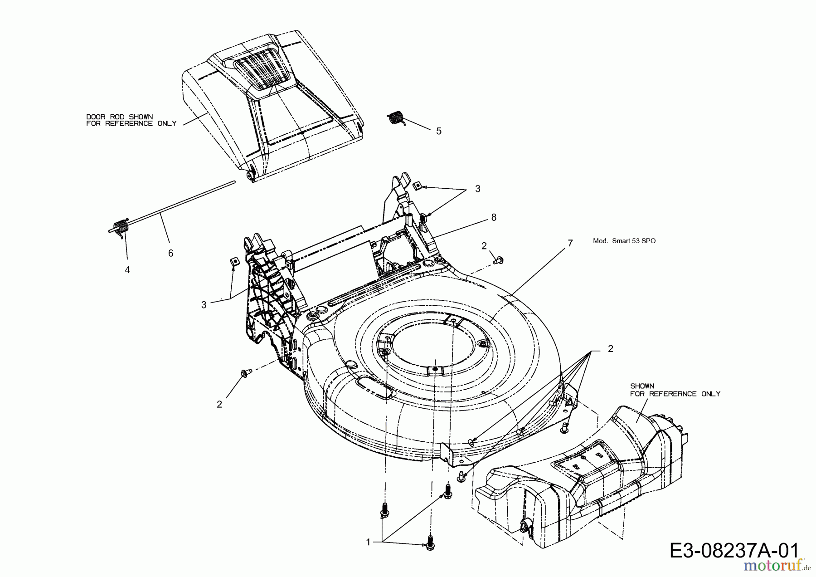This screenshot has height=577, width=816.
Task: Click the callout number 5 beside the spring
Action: click(x=438, y=131)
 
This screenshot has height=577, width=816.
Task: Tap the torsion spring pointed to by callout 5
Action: click(x=397, y=117)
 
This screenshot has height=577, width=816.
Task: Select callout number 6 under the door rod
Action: click(x=170, y=254)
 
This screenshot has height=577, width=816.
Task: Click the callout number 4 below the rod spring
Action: click(x=127, y=270)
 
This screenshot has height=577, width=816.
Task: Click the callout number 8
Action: click(x=494, y=218)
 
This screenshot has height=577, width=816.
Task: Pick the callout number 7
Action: click(x=570, y=244)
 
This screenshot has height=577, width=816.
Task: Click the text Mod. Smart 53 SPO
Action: click(x=624, y=241)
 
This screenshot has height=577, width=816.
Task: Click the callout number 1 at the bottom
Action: click(x=368, y=542)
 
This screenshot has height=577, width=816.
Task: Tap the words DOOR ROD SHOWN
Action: click(x=119, y=117)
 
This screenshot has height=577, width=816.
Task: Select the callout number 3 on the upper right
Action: click(x=477, y=189)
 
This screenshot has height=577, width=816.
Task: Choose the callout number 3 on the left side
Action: click(x=204, y=305)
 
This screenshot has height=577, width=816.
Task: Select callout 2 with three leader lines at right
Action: click(x=610, y=349)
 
